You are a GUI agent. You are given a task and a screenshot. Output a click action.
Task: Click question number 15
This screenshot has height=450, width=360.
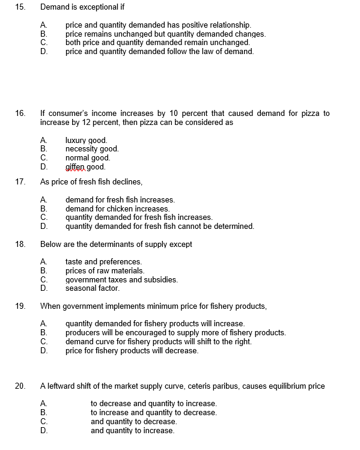(20, 7)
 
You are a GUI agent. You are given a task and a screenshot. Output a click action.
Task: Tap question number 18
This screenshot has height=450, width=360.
(20, 244)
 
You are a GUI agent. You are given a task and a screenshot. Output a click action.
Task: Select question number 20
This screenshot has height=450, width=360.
(20, 386)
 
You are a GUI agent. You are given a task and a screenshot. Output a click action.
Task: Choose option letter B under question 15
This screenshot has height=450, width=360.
(43, 34)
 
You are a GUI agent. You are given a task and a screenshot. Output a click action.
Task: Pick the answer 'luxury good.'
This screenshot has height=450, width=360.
(86, 141)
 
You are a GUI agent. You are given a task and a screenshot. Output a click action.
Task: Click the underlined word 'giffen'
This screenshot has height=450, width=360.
(76, 167)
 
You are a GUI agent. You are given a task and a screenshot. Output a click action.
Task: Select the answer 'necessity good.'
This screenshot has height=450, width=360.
(92, 149)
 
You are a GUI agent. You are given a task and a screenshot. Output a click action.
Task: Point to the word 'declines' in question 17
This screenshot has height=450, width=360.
(127, 181)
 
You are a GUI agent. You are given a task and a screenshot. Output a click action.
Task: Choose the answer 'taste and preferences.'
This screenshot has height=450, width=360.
(103, 261)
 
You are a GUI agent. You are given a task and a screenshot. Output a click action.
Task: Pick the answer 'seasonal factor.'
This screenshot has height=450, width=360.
(92, 288)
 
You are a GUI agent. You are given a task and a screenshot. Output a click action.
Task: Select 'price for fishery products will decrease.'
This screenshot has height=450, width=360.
(132, 350)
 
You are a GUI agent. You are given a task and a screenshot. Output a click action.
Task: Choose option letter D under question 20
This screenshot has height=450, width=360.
(43, 430)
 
